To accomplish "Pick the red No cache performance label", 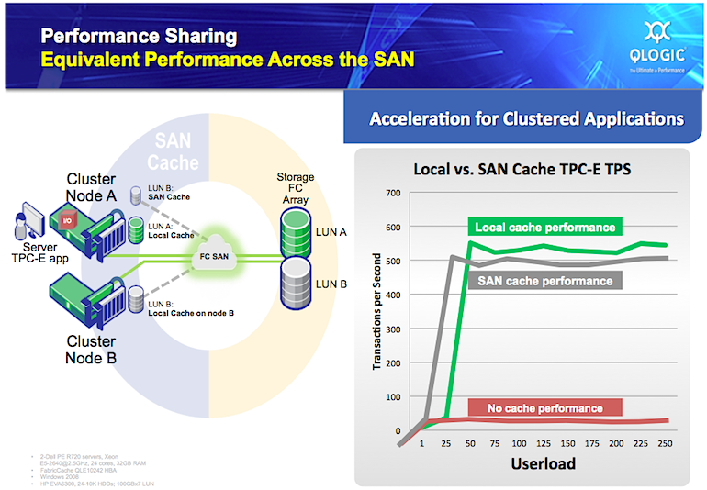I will click(544, 407).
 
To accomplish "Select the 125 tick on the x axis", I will click(543, 443).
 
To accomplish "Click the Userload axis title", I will click(543, 463).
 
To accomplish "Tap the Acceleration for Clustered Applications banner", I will click(526, 119).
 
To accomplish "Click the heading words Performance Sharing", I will click(138, 37).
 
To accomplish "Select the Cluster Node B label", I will click(91, 349).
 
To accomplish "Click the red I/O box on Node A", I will click(68, 221).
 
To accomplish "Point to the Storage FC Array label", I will click(296, 188).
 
